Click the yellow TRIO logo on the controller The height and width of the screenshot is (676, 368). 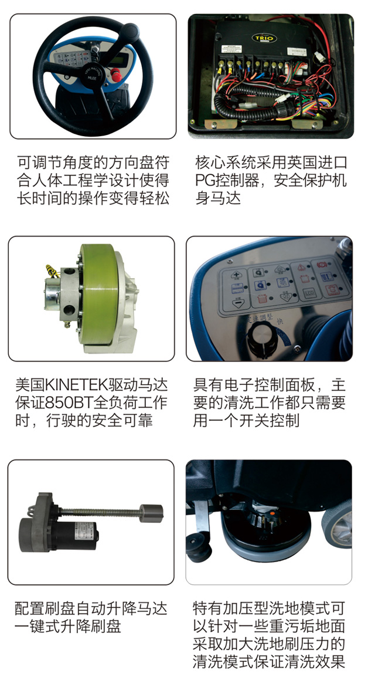[x=264, y=38]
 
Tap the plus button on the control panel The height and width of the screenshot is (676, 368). [x=236, y=275]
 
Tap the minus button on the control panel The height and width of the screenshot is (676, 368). [x=237, y=302]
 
